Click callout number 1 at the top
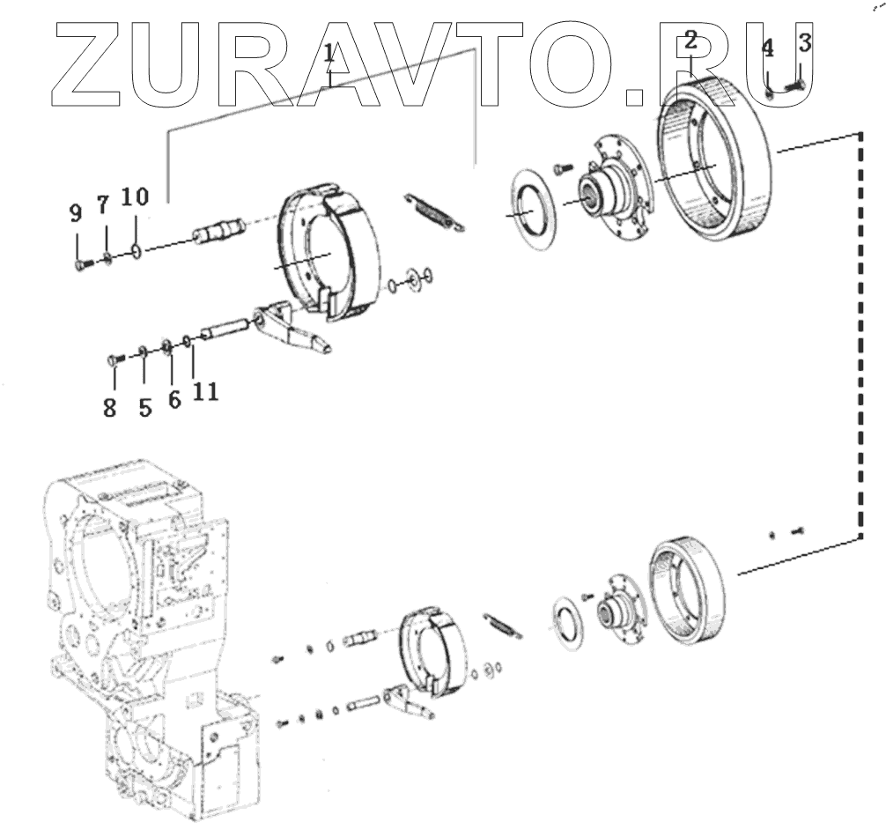pyautogui.click(x=329, y=58)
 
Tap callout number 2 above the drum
pyautogui.click(x=691, y=40)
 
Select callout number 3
pyautogui.click(x=805, y=41)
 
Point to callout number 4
pyautogui.click(x=768, y=48)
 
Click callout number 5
pyautogui.click(x=144, y=407)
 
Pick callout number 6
pyautogui.click(x=174, y=399)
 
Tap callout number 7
pyautogui.click(x=103, y=205)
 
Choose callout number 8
pyautogui.click(x=110, y=409)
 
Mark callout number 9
pyautogui.click(x=76, y=212)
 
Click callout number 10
pyautogui.click(x=136, y=196)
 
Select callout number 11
pyautogui.click(x=205, y=390)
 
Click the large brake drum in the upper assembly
pyautogui.click(x=718, y=159)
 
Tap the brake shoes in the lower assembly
pyautogui.click(x=431, y=648)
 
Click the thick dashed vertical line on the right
pyautogui.click(x=860, y=335)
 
